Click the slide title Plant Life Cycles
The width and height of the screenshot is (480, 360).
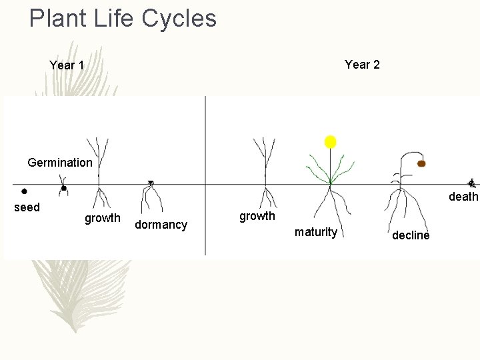coord(123,19)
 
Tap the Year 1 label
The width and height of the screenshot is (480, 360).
coord(67,65)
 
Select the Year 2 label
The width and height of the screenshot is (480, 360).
coord(362,65)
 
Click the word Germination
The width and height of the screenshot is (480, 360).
coord(60,162)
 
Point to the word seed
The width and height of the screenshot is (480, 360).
coord(27,207)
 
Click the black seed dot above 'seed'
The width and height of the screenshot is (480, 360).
coord(24,191)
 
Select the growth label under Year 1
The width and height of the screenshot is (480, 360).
coord(102,218)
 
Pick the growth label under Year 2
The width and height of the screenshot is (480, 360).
coord(257,216)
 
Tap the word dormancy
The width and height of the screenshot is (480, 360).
coord(161,225)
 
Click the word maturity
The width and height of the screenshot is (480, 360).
coord(315,232)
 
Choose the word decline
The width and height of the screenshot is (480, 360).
coord(411,235)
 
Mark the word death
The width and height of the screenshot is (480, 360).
coord(463,197)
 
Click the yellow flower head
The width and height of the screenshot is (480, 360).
coord(330,141)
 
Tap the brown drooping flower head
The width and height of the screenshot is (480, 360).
coord(421,163)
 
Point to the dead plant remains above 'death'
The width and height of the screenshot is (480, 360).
coord(471,183)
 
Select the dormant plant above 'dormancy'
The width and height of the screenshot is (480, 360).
coord(151,195)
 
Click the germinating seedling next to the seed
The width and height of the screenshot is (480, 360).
coord(63,187)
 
